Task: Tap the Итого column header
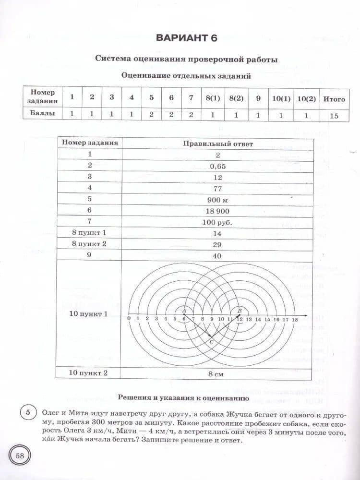334,99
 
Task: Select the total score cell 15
334,115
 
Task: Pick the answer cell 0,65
217,166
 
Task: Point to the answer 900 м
217,200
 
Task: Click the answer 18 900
217,211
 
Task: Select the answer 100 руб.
217,223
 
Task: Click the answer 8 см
217,373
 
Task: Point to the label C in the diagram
212,341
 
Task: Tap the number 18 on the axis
295,319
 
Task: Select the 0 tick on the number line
129,319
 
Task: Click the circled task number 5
28,413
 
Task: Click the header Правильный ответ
217,143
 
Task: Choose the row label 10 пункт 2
88,373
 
